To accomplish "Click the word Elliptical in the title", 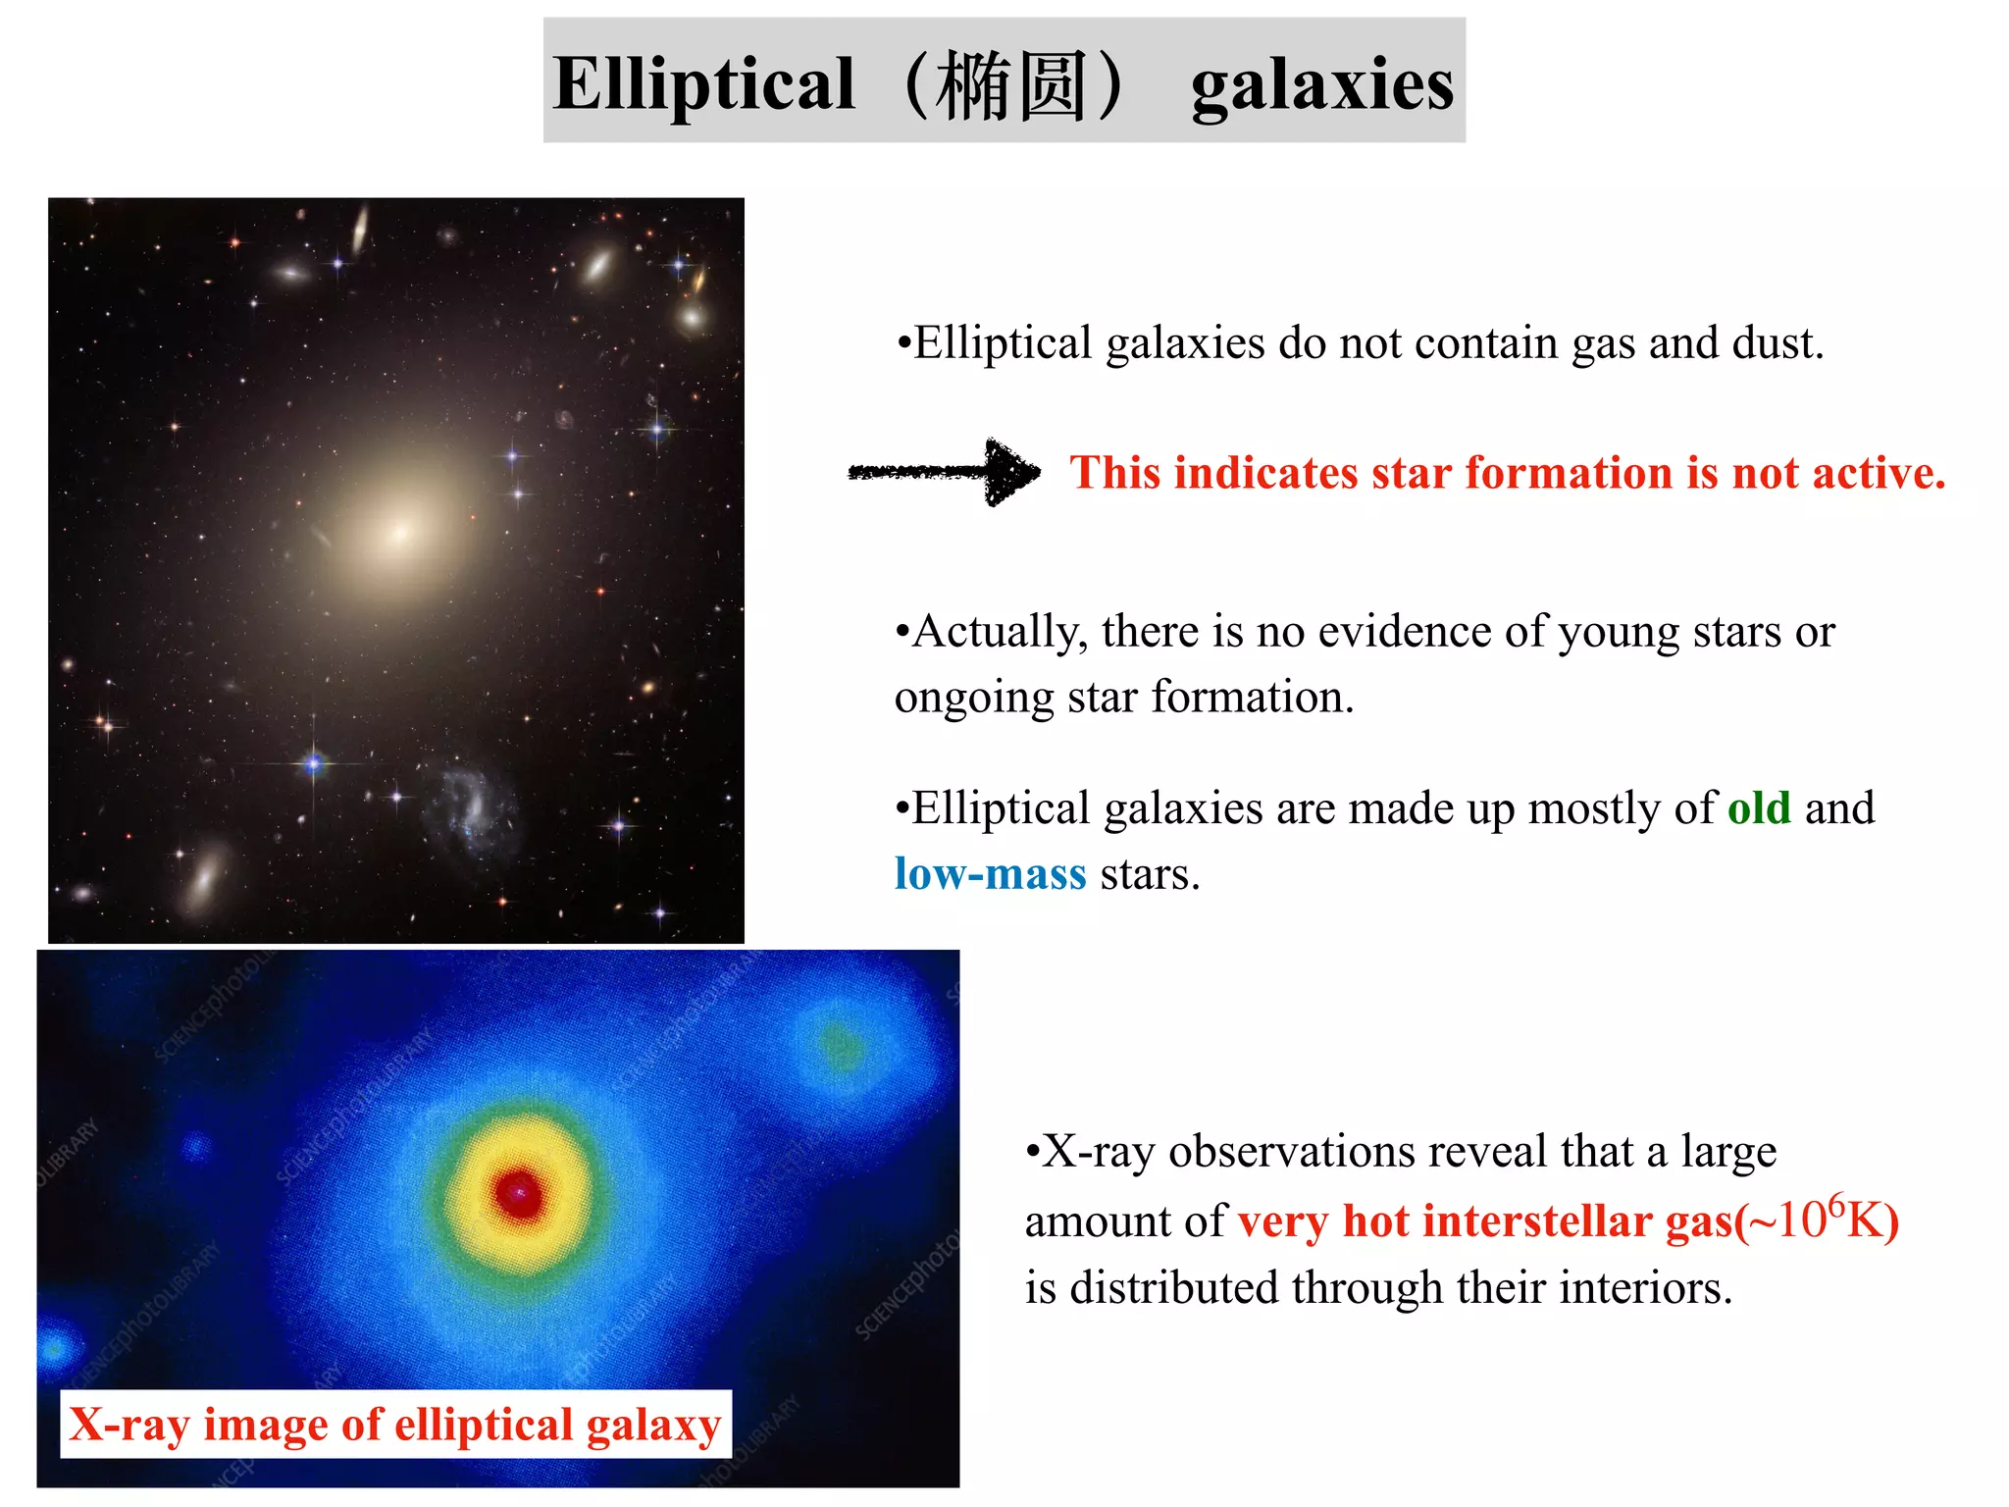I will click(703, 84).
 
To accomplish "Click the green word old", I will click(1759, 808).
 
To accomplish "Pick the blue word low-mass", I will click(990, 874).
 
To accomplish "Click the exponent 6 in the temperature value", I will click(1836, 1203).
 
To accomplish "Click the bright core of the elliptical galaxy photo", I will click(400, 533).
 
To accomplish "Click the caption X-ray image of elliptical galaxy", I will click(395, 1425).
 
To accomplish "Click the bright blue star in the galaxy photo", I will click(314, 762).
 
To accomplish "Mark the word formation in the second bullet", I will click(1252, 698).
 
